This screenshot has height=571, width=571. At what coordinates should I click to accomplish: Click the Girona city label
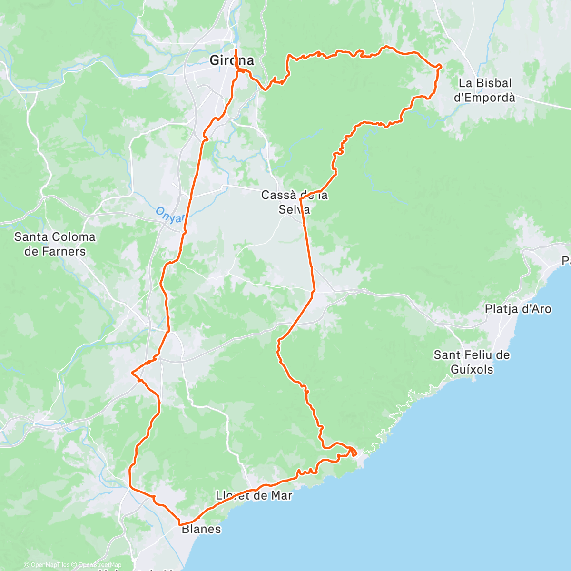(x=232, y=61)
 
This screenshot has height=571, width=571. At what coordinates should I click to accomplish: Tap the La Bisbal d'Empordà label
(x=484, y=90)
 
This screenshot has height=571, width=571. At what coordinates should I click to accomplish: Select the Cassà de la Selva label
(x=294, y=202)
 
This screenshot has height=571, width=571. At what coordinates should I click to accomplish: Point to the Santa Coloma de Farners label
(x=55, y=244)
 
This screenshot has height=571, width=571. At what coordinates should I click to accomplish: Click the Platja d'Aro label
(x=518, y=309)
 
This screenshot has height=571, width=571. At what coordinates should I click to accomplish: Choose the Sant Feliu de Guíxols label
(x=472, y=362)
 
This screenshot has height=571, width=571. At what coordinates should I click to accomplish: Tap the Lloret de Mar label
(x=254, y=495)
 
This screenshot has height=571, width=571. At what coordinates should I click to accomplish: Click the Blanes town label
(x=201, y=529)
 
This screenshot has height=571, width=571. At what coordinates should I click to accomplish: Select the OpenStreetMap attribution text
(x=100, y=565)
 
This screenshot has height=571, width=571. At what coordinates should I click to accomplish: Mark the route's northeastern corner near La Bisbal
(x=439, y=66)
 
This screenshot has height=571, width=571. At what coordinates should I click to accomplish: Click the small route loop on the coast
(x=353, y=451)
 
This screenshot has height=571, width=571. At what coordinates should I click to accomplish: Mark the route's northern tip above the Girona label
(x=236, y=49)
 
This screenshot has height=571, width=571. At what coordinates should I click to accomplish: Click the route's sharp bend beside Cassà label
(x=301, y=198)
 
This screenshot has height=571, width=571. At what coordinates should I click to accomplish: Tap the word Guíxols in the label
(x=472, y=369)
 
